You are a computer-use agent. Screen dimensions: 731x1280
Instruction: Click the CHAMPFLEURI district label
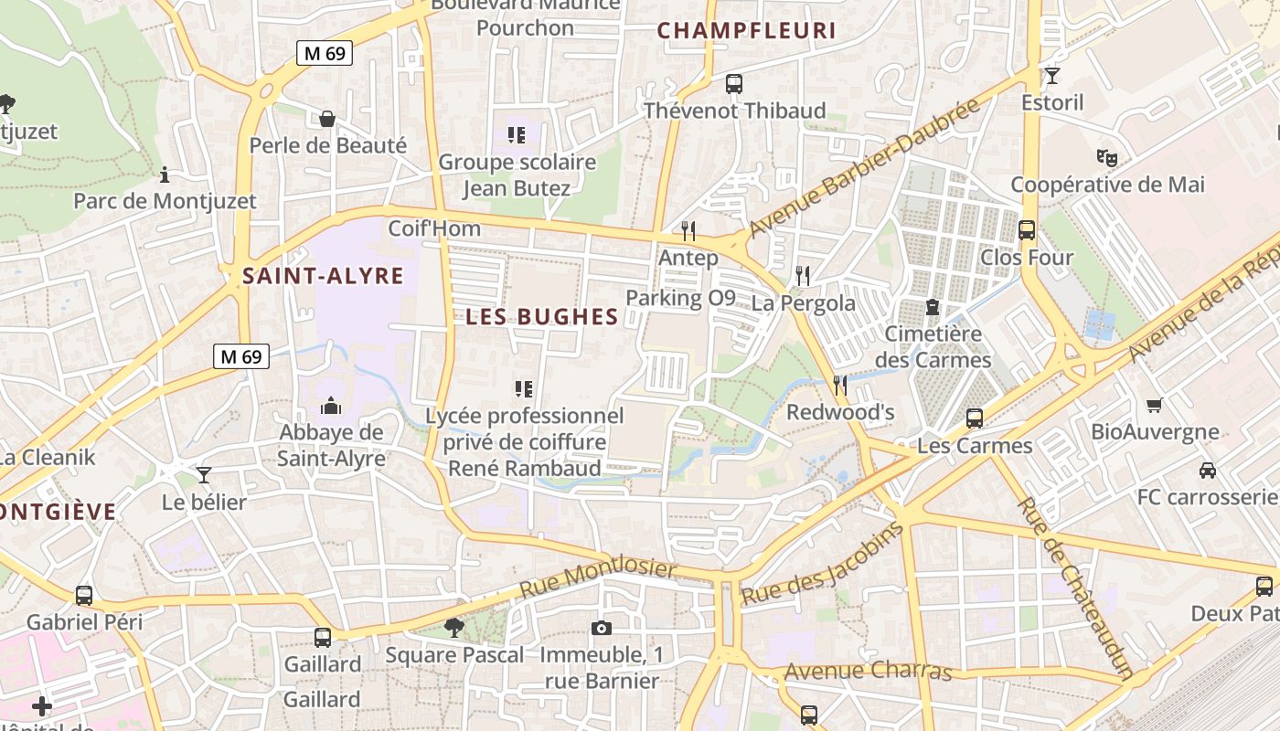(747, 30)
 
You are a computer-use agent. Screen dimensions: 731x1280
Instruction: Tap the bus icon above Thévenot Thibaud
(733, 84)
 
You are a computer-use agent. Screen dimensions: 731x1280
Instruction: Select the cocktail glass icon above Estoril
(1052, 76)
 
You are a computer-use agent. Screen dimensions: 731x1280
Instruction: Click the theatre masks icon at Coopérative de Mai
(1107, 158)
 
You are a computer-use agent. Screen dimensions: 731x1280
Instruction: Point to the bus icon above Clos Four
(1027, 230)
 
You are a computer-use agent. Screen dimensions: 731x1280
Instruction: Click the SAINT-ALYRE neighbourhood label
(323, 276)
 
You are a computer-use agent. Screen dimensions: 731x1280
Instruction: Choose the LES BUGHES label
(542, 317)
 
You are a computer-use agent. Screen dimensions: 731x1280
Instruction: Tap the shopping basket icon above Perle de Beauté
(327, 119)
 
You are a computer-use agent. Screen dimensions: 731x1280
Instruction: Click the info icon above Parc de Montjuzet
(165, 174)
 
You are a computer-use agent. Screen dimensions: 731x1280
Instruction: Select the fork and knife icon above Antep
(688, 230)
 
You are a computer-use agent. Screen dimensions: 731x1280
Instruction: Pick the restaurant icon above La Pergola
(803, 274)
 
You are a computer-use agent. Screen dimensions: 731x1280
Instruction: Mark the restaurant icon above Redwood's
(840, 385)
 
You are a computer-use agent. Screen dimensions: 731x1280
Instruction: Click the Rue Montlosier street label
(599, 579)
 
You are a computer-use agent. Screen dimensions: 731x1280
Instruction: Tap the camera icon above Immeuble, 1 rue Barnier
(601, 628)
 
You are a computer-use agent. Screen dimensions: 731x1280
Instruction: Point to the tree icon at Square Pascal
(453, 627)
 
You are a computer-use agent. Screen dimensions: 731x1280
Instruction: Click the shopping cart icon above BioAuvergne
(1154, 405)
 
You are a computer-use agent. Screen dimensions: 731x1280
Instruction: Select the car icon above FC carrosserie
(1208, 471)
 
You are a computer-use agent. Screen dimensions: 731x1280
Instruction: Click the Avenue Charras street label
(869, 672)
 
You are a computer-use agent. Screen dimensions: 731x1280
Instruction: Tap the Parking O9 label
(680, 298)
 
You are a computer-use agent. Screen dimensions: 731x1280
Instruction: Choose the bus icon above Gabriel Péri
(84, 596)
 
